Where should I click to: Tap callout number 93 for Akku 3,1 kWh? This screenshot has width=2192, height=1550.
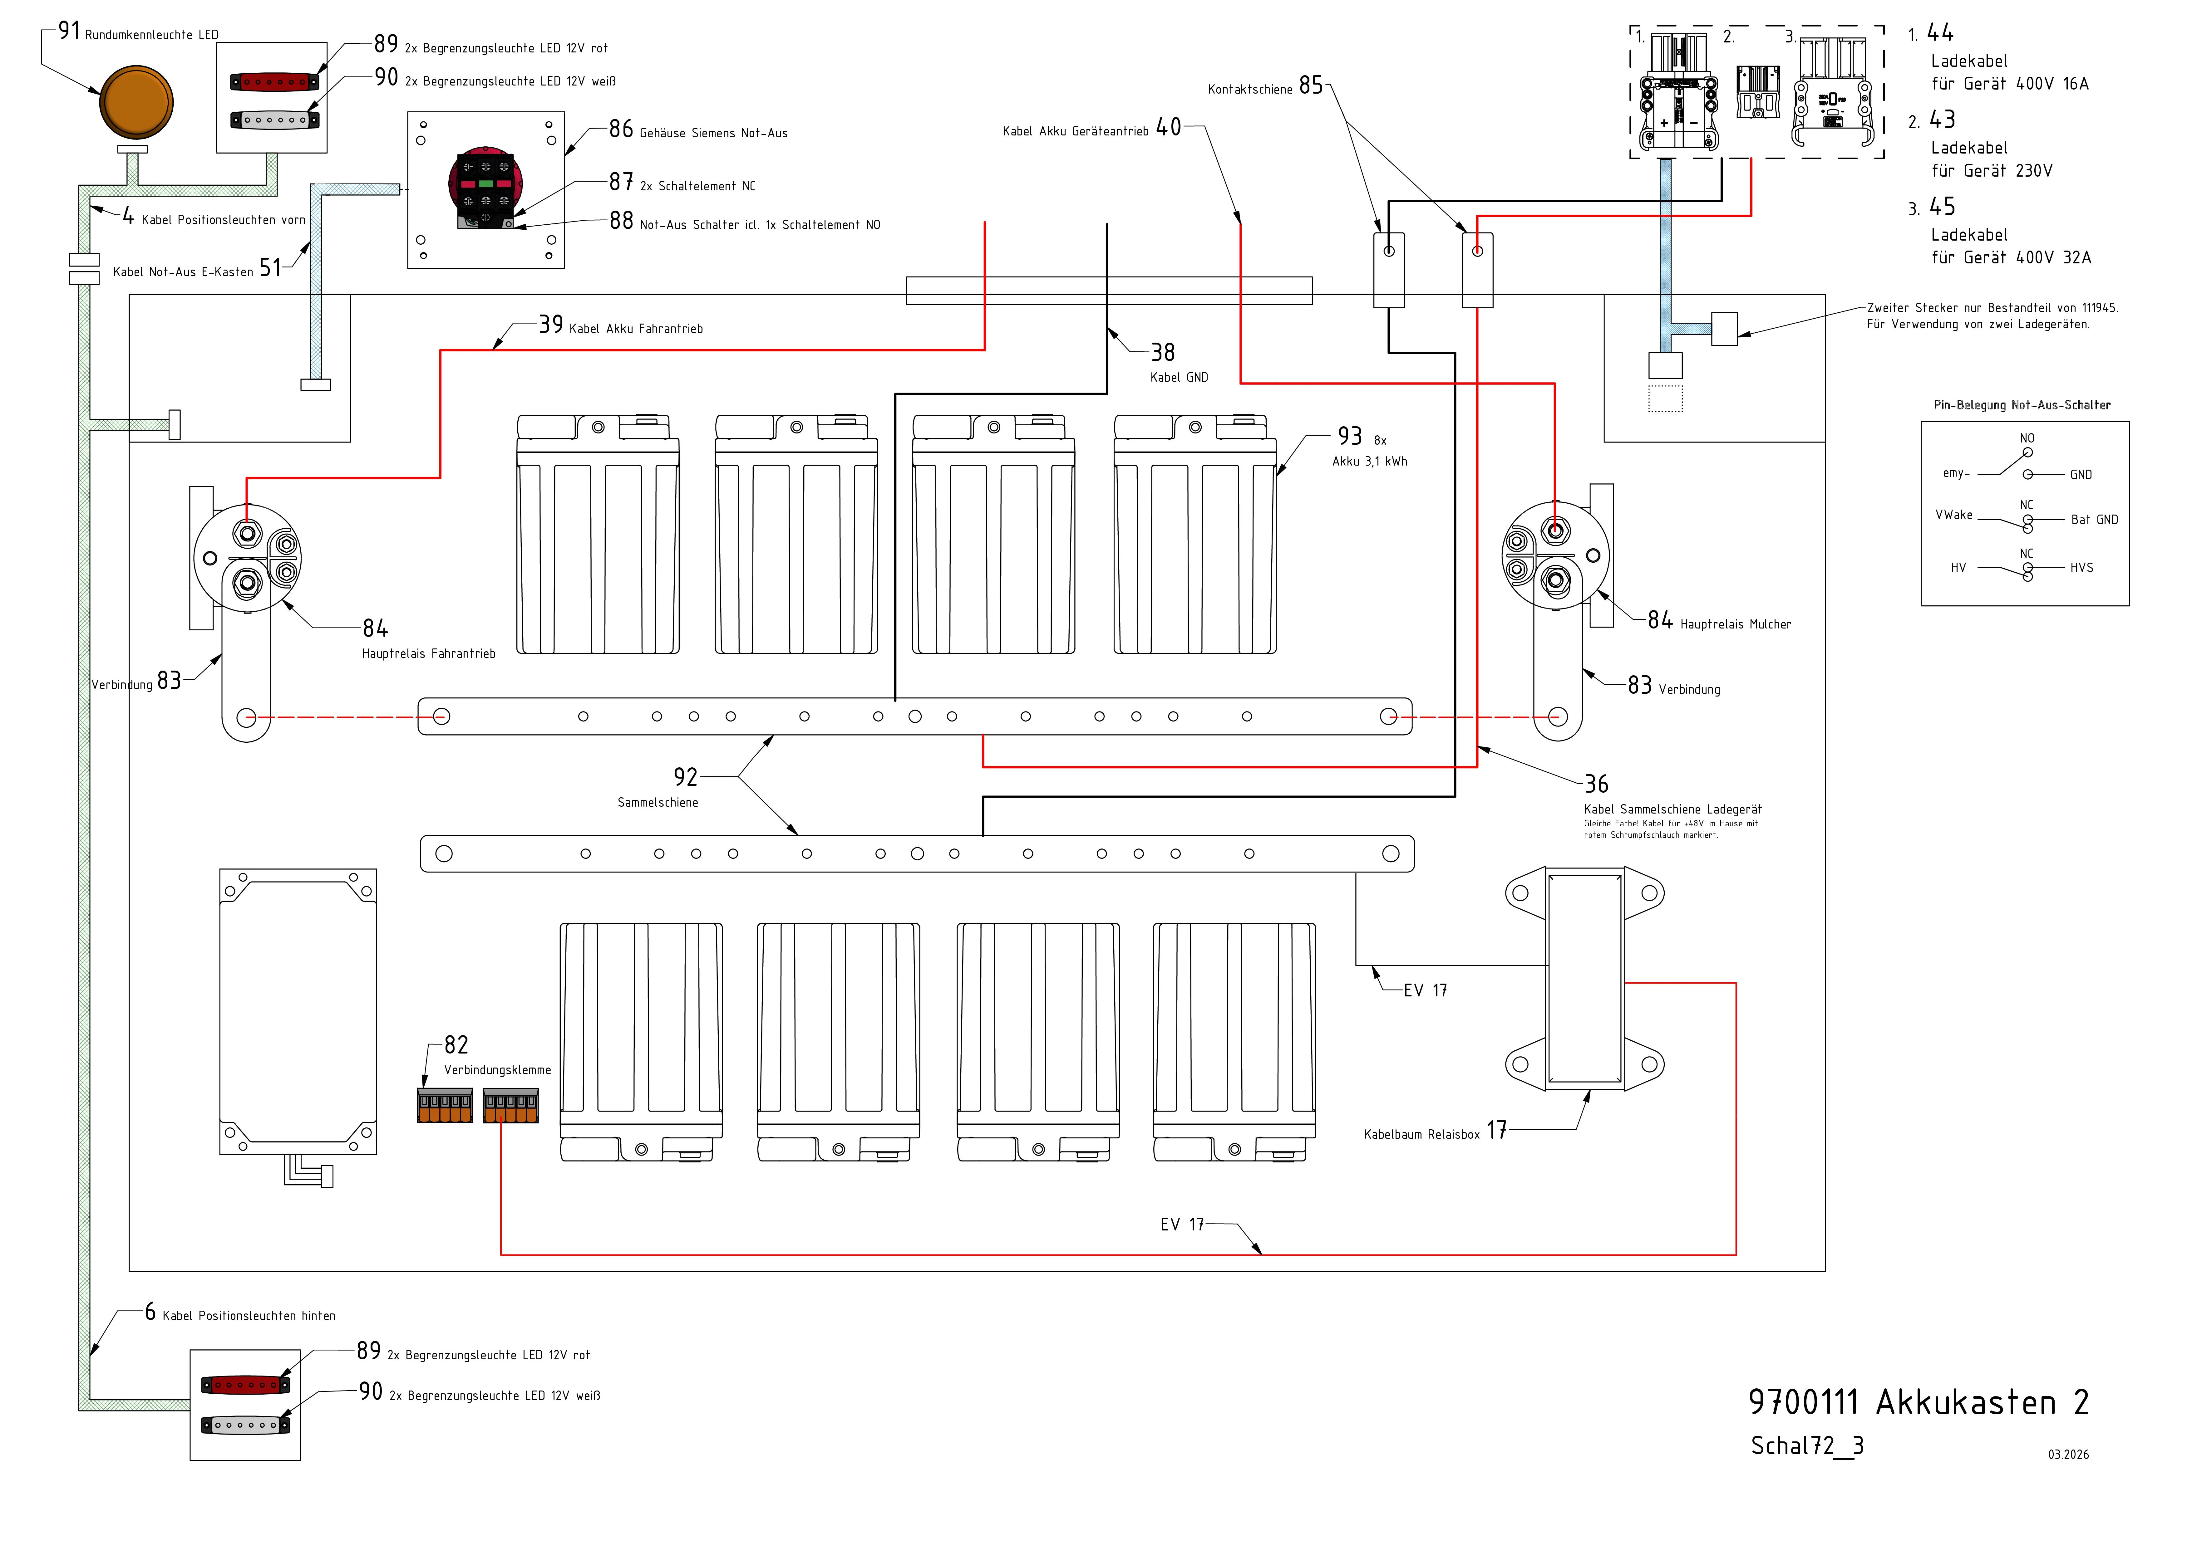coord(1349,436)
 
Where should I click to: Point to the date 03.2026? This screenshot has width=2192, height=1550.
coord(2068,1455)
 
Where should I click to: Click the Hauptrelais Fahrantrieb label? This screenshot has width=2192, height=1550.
coord(429,654)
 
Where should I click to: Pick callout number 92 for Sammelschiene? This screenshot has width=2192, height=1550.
coord(686,777)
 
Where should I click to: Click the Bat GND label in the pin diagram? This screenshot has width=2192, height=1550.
coord(2094,520)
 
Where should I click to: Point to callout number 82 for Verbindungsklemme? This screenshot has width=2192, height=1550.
coord(456,1045)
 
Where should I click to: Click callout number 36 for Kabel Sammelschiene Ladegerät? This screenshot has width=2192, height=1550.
coord(1596,785)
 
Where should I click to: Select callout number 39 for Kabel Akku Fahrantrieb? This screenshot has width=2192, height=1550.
coord(551,325)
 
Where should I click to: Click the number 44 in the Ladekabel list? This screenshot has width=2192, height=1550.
coord(1940,33)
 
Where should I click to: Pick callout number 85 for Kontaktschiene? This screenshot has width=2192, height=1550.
coord(1311,86)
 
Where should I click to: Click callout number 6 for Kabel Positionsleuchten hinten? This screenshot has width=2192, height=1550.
coord(150,1312)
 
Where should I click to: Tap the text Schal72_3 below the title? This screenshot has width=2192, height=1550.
coord(1806,1446)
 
